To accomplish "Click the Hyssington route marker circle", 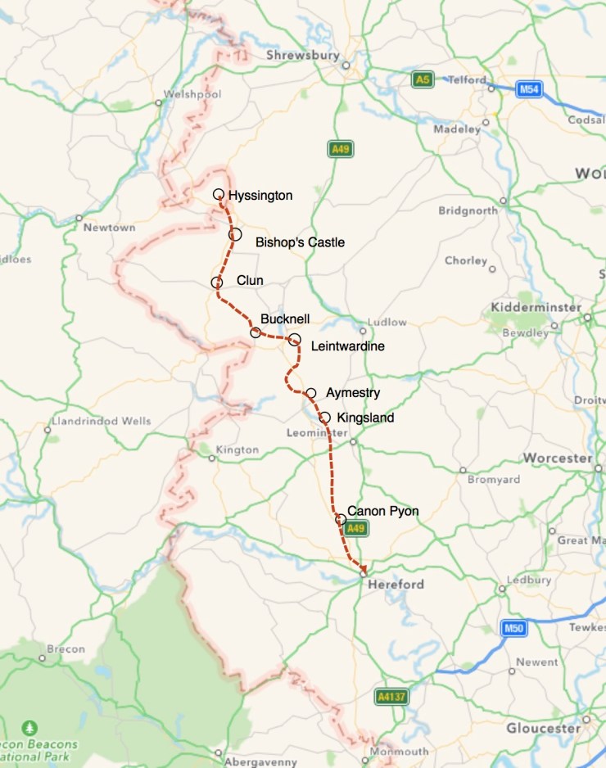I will tap(219, 194).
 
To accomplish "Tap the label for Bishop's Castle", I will tap(300, 242).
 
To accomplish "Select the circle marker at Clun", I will tap(217, 282).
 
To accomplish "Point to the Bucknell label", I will tap(285, 318).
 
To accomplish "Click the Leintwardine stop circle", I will tap(295, 339).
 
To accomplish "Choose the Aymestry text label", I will tap(353, 393).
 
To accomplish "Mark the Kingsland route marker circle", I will tap(325, 418).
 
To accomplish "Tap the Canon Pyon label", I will tap(382, 511).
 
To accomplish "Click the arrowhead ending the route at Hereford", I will tap(361, 567).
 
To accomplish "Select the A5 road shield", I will tap(422, 79).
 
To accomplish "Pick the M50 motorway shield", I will tap(513, 628).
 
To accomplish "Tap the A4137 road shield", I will tap(391, 696).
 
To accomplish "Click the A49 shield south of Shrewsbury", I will tap(341, 148).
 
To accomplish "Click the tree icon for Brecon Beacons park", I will tap(30, 727).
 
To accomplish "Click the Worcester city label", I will tap(557, 458).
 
